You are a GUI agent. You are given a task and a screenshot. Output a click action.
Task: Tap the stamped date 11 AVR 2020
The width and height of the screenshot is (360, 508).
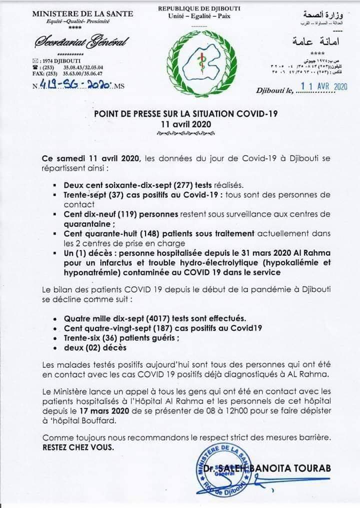click(x=325, y=86)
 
